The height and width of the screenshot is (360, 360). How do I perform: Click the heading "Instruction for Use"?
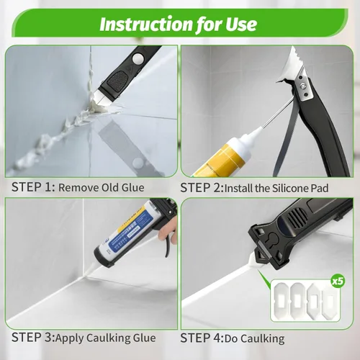tap(178, 24)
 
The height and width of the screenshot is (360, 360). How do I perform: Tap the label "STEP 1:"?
tap(33, 187)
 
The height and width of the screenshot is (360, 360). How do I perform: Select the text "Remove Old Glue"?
tap(102, 188)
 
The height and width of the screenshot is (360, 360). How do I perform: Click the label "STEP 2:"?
tap(202, 188)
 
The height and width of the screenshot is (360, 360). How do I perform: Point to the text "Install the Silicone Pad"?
tap(276, 188)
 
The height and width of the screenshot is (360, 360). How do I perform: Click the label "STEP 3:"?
tap(33, 337)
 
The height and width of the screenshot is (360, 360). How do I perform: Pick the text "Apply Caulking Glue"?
tap(106, 338)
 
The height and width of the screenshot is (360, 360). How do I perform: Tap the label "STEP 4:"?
tap(202, 338)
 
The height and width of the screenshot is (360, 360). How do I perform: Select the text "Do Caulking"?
tap(255, 338)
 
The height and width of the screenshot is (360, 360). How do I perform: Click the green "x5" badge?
tap(338, 281)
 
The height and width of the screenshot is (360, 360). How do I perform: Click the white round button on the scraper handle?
tap(138, 58)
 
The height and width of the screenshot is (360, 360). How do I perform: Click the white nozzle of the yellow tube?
tap(251, 135)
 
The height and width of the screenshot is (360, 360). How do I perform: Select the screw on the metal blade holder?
tap(305, 84)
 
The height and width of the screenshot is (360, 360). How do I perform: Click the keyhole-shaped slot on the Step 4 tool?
tap(274, 240)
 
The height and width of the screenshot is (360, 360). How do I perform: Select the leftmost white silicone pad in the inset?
tap(282, 300)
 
